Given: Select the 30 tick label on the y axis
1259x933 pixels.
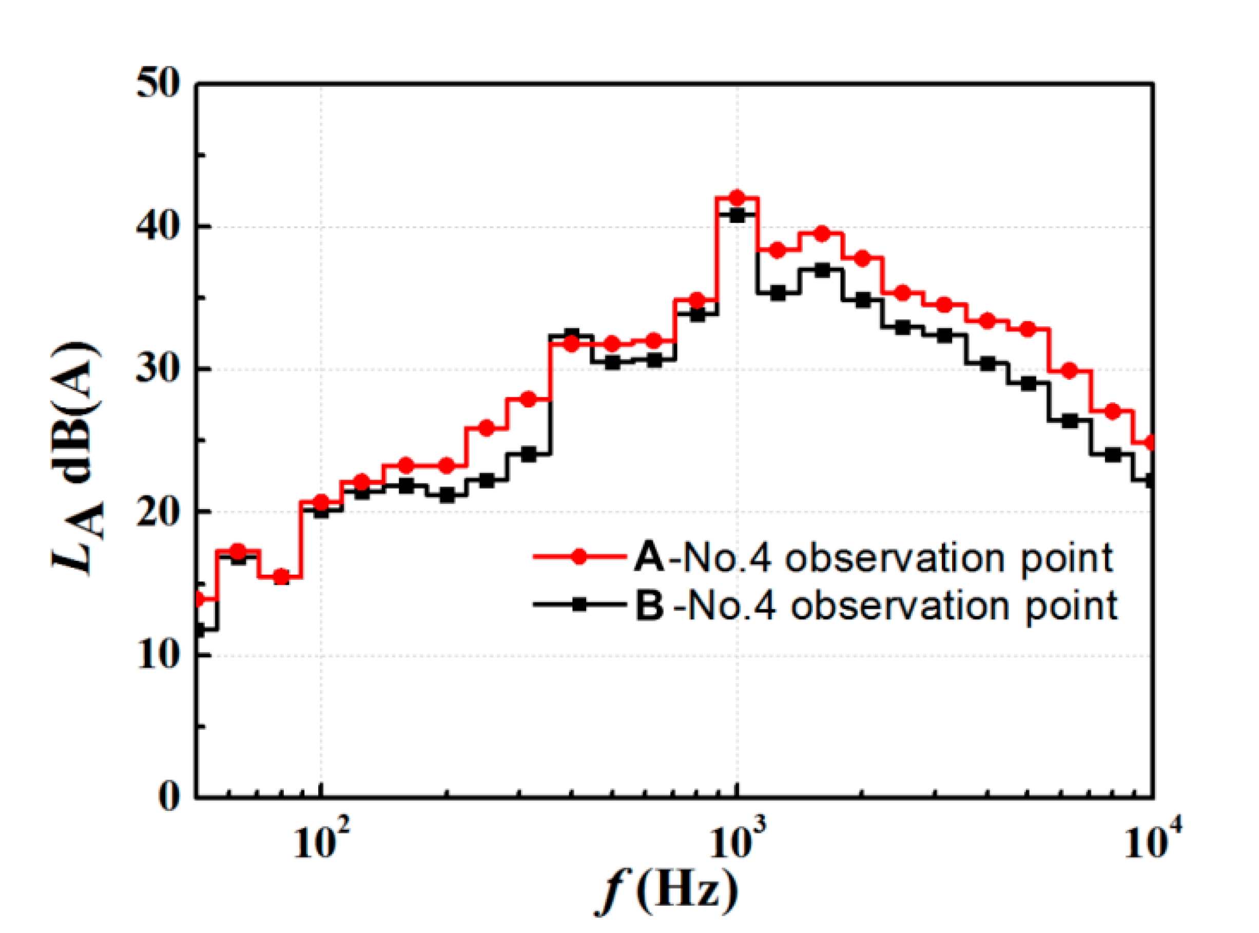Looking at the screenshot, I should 159,370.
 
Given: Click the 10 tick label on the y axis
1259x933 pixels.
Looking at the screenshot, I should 159,655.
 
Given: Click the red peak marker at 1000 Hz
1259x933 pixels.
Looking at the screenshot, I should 737,198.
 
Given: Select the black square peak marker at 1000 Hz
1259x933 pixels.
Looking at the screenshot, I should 737,215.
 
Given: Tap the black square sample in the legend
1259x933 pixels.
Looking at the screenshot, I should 578,605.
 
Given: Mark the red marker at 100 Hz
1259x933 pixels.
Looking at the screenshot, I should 321,501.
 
